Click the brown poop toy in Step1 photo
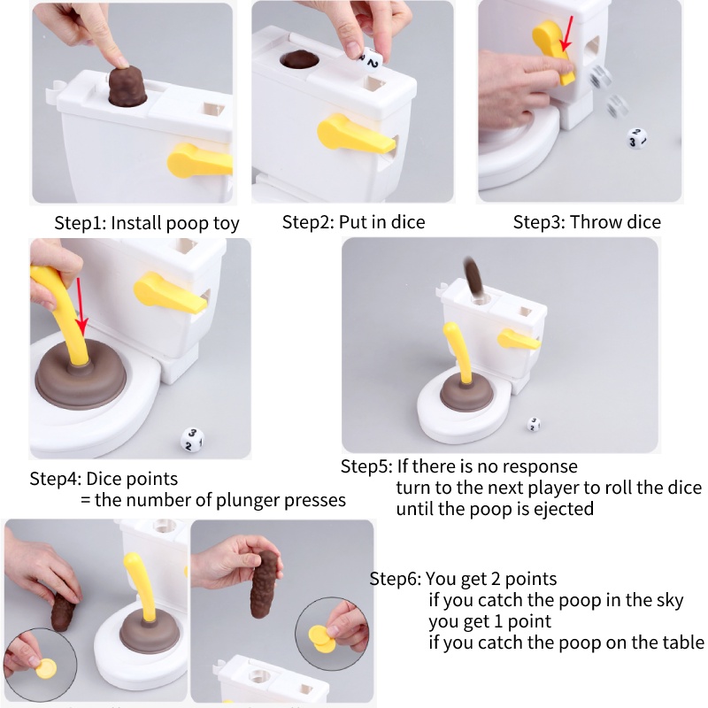click(127, 85)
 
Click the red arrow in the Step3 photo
click(567, 34)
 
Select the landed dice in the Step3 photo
click(636, 139)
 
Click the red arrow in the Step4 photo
click(81, 307)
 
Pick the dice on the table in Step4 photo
click(192, 439)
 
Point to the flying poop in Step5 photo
click(473, 276)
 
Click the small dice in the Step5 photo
click(534, 425)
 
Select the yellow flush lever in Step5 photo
click(519, 339)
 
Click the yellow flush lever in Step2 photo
click(356, 135)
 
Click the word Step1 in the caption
click(80, 223)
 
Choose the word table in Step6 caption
click(683, 643)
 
